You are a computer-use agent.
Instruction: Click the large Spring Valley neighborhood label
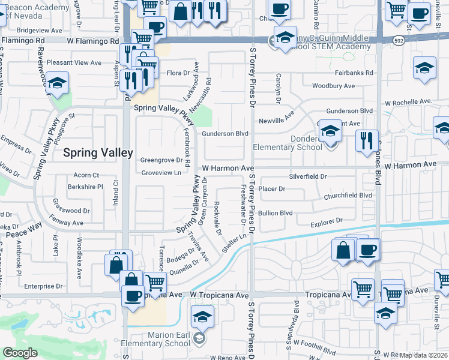click(98, 153)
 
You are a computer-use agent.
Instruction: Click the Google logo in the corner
click(20, 353)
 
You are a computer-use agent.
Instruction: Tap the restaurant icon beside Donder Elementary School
click(367, 141)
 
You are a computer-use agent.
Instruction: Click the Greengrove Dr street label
click(161, 160)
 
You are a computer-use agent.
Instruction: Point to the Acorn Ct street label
click(86, 175)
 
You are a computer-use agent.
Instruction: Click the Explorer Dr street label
click(326, 222)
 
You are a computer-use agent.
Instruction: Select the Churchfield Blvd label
click(348, 196)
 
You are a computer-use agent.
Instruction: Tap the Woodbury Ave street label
click(333, 86)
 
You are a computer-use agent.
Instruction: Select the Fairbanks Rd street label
click(353, 73)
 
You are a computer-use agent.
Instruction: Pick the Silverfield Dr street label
click(307, 177)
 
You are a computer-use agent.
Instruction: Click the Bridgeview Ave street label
click(40, 29)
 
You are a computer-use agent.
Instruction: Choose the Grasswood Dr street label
click(71, 211)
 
